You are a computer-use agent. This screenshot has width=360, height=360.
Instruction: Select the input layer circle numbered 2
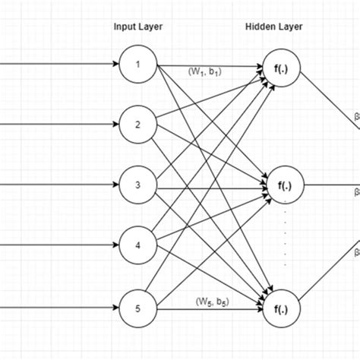pos(138,125)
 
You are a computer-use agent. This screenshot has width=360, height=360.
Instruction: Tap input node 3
pos(138,185)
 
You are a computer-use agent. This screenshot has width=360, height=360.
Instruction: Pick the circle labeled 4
pos(138,247)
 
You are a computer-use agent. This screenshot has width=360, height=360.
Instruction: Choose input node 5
pos(138,308)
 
